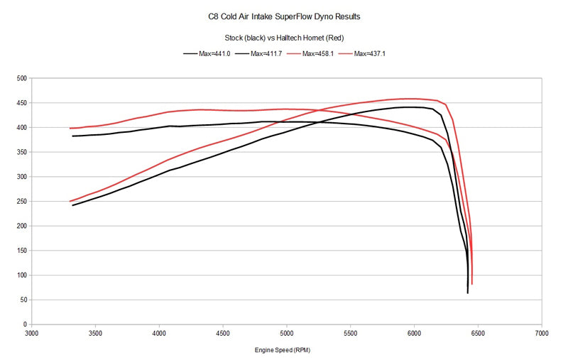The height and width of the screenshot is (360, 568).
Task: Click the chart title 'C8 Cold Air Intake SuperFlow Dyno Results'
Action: coord(284,14)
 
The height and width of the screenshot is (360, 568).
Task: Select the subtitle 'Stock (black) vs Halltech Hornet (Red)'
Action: coord(284,38)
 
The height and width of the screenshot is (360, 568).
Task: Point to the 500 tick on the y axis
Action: coord(22,78)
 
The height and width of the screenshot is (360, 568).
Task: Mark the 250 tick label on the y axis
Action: coord(22,201)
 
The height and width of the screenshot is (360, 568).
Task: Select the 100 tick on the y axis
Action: coord(22,275)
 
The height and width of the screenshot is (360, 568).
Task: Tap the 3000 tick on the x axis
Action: coord(31,332)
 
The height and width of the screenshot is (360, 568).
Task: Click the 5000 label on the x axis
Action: coord(286,332)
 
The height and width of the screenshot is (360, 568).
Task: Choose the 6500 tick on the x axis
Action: coord(477,332)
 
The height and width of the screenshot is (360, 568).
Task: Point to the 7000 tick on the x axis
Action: coord(541,332)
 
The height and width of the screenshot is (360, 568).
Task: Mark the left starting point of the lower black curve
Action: coord(72,205)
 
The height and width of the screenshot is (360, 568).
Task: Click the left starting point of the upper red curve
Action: coord(70,129)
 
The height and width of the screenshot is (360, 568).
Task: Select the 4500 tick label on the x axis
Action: coord(222,332)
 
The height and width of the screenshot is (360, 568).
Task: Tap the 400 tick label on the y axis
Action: coord(22,127)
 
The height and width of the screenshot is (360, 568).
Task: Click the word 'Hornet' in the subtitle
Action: coord(327,38)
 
